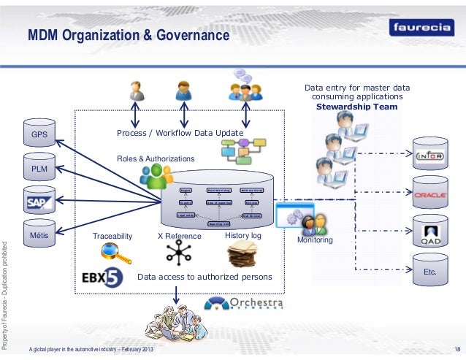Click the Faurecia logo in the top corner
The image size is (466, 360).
tap(423, 28)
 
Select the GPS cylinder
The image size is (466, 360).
tap(39, 135)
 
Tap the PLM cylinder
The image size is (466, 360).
tap(39, 168)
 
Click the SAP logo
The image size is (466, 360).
tap(39, 202)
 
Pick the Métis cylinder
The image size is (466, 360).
tap(39, 236)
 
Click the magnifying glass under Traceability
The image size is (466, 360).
tap(114, 253)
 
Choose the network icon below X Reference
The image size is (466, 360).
tap(177, 253)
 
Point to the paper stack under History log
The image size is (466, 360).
tap(242, 255)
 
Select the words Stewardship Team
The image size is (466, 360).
tap(356, 107)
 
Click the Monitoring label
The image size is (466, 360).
tap(315, 240)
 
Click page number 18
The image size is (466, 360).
tap(458, 348)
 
